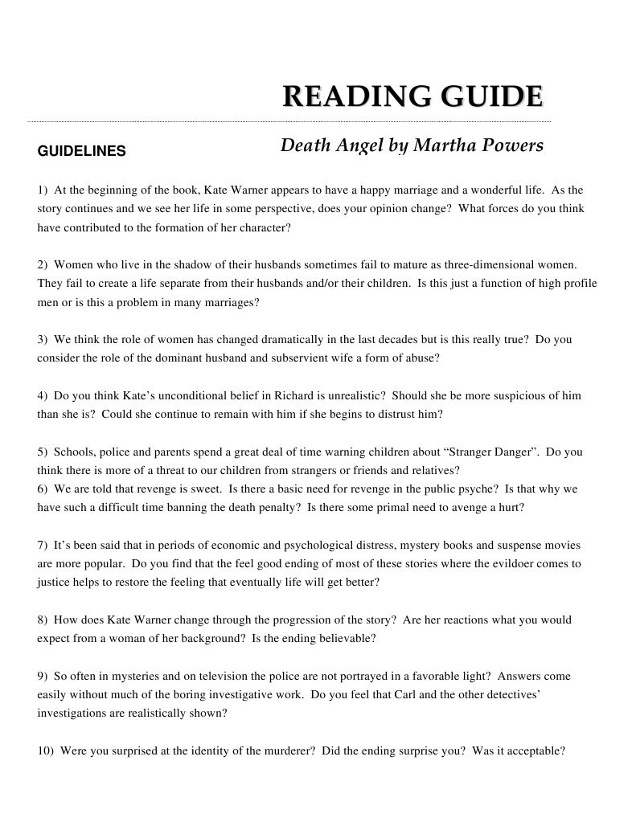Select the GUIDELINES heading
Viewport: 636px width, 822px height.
point(81,151)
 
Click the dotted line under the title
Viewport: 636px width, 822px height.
point(289,121)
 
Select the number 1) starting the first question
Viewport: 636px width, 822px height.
point(43,190)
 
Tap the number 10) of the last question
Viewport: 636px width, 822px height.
point(46,751)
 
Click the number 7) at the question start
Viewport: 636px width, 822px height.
point(43,546)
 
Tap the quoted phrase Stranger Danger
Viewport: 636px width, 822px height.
point(499,452)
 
